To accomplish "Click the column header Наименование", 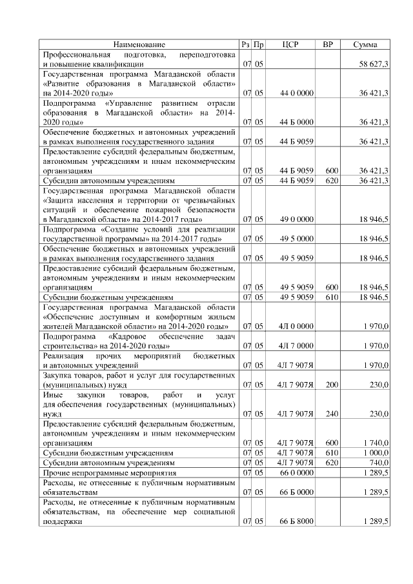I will (x=139, y=45).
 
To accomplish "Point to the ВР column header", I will (x=328, y=45).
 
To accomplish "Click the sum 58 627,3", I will (x=374, y=65).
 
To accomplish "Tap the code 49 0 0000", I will (x=297, y=220).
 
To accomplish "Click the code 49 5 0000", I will (x=297, y=239).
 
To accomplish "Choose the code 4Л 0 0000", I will (x=296, y=327).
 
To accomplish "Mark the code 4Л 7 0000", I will (x=296, y=346).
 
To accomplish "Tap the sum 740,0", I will (x=378, y=463).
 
